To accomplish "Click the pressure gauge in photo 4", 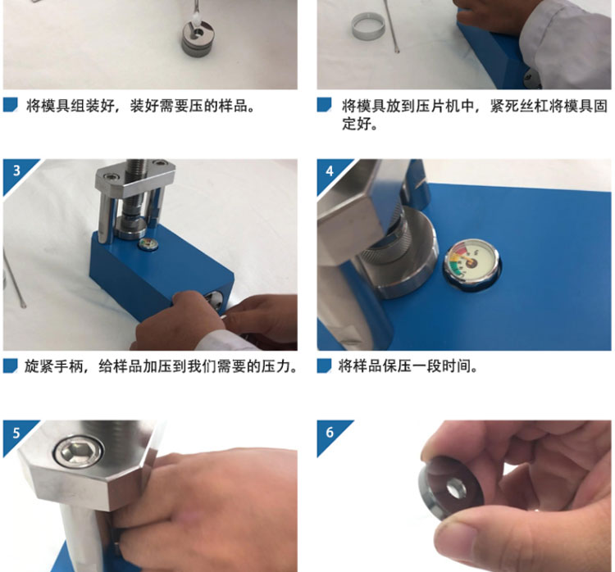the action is point(471,262).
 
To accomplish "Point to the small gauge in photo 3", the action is point(148,244).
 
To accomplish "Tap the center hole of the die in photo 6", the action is point(455,490).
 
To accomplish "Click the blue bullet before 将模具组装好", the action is point(11,105).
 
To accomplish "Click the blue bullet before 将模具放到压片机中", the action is point(325,105).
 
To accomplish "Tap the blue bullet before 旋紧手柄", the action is point(11,365).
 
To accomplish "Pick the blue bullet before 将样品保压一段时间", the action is point(325,365).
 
